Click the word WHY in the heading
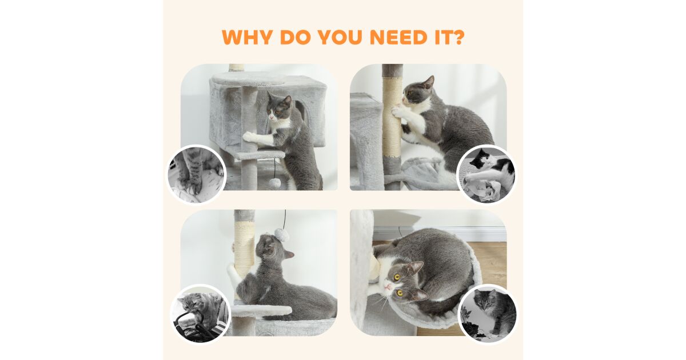[247, 37]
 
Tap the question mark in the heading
[458, 37]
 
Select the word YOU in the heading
[341, 37]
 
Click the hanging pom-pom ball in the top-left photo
[273, 183]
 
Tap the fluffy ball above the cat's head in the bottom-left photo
[281, 234]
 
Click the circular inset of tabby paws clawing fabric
[196, 174]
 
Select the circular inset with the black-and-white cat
[486, 175]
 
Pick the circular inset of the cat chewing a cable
[200, 314]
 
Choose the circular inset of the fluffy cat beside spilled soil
[488, 314]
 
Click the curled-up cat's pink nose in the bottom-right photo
[388, 287]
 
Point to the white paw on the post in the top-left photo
[250, 136]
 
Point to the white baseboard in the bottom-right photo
[441, 234]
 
